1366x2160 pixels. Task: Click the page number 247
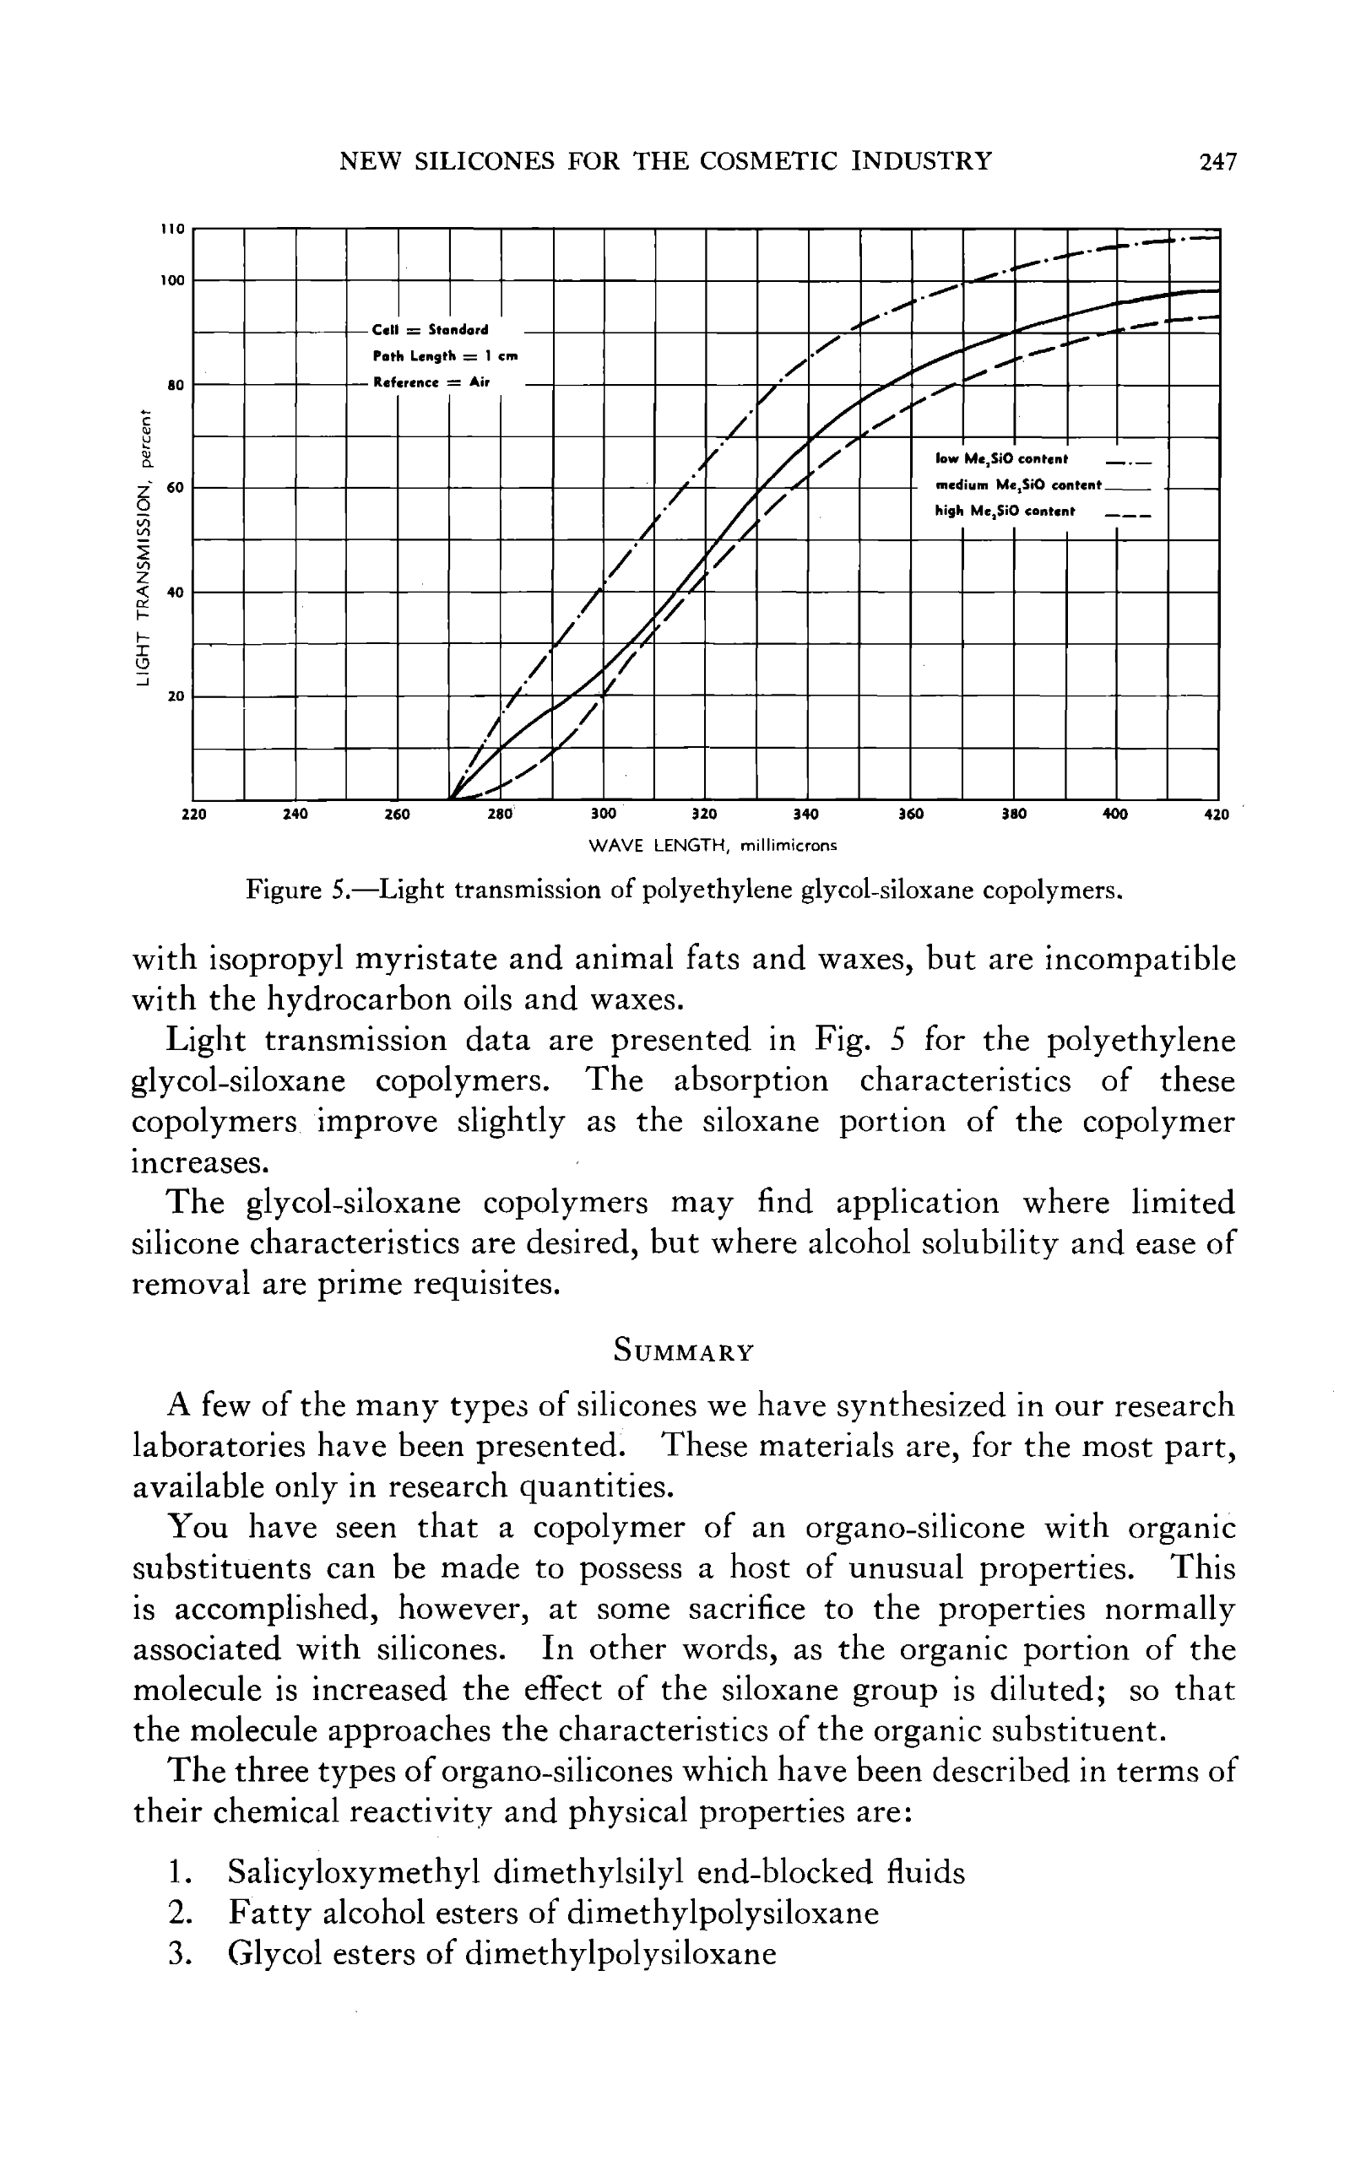click(1217, 162)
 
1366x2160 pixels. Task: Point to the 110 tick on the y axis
click(172, 230)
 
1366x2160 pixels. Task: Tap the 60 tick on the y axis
click(174, 488)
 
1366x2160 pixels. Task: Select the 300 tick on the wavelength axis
click(604, 815)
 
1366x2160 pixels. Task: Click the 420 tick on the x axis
click(1216, 815)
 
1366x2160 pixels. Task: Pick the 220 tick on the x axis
click(193, 815)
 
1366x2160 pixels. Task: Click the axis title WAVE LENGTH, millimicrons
click(713, 845)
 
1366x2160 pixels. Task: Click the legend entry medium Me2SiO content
click(1017, 485)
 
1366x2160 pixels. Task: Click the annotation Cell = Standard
click(430, 330)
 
